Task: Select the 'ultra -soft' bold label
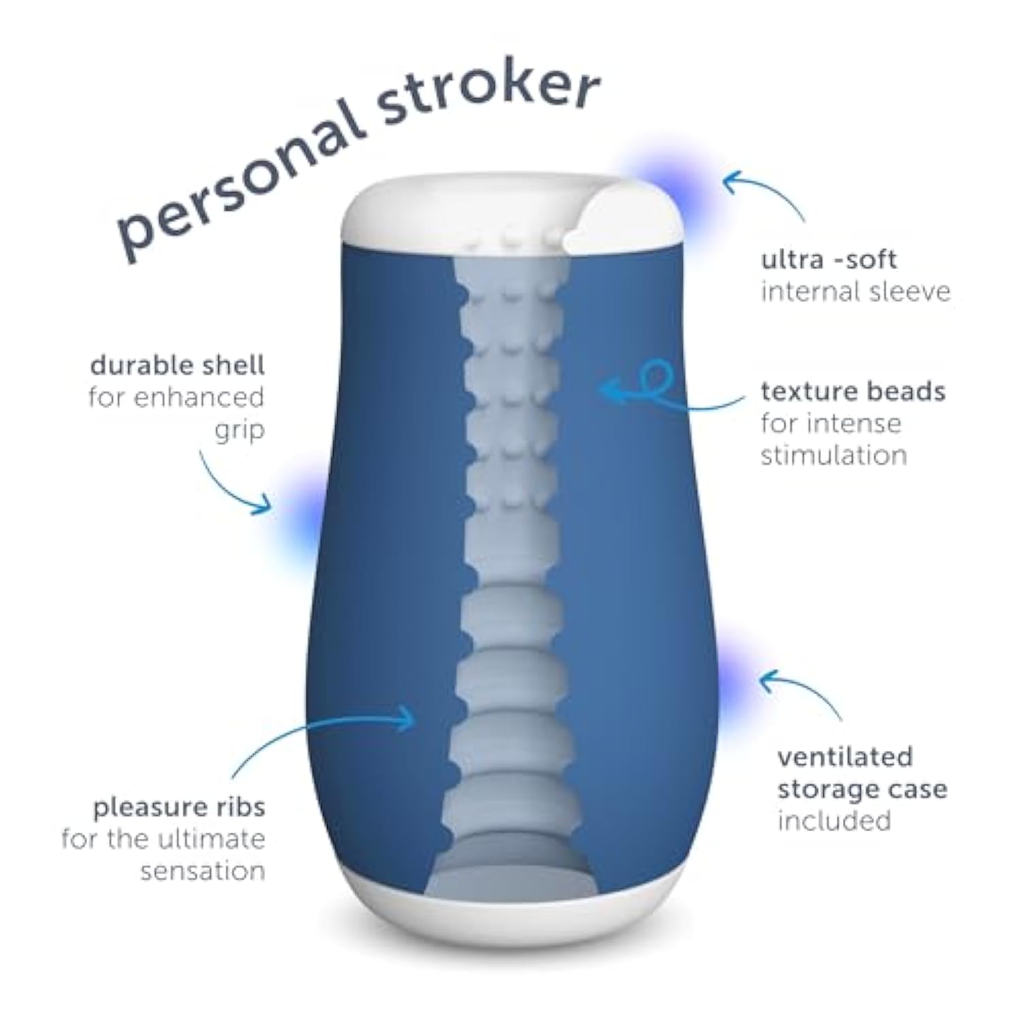[x=828, y=260]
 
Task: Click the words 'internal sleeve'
[x=855, y=292]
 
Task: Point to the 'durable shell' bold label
[x=177, y=366]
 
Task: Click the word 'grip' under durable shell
[x=239, y=431]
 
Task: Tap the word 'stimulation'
[x=833, y=455]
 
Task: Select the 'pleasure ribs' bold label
[x=179, y=807]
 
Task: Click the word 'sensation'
[x=202, y=871]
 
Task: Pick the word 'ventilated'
[x=845, y=757]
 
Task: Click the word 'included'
[x=834, y=820]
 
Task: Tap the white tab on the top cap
[x=617, y=215]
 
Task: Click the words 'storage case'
[x=862, y=789]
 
